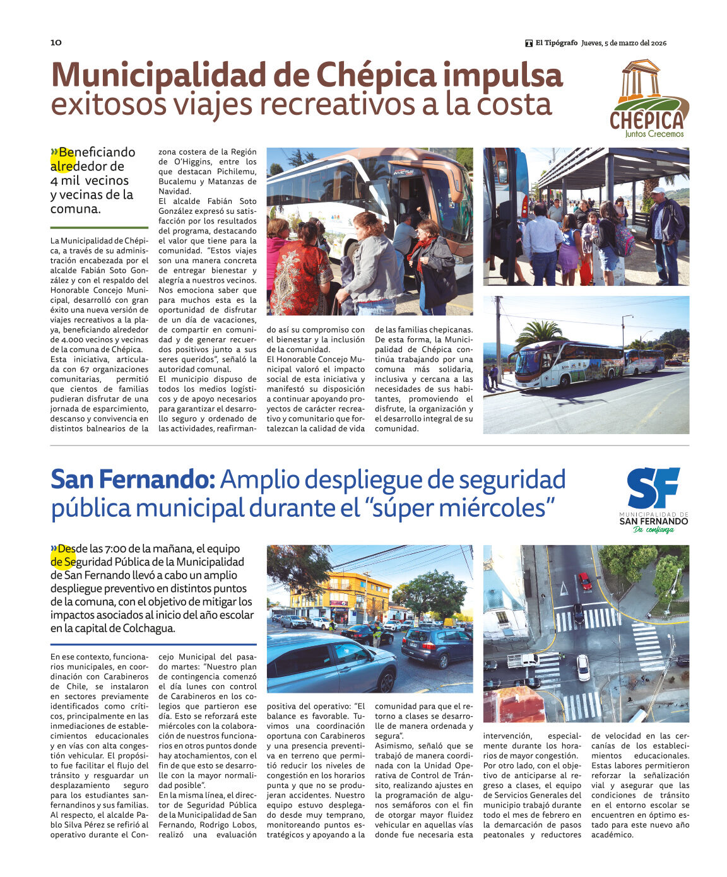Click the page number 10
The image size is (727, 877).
click(56, 42)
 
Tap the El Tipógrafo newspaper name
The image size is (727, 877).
click(556, 43)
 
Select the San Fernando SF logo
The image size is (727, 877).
click(653, 498)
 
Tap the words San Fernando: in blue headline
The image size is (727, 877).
click(133, 480)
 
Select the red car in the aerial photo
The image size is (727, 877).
click(585, 580)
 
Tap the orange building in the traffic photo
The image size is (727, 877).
click(340, 597)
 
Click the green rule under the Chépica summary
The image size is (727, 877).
click(99, 228)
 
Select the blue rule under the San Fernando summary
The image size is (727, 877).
click(153, 644)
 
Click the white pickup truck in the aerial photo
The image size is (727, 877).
click(522, 660)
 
